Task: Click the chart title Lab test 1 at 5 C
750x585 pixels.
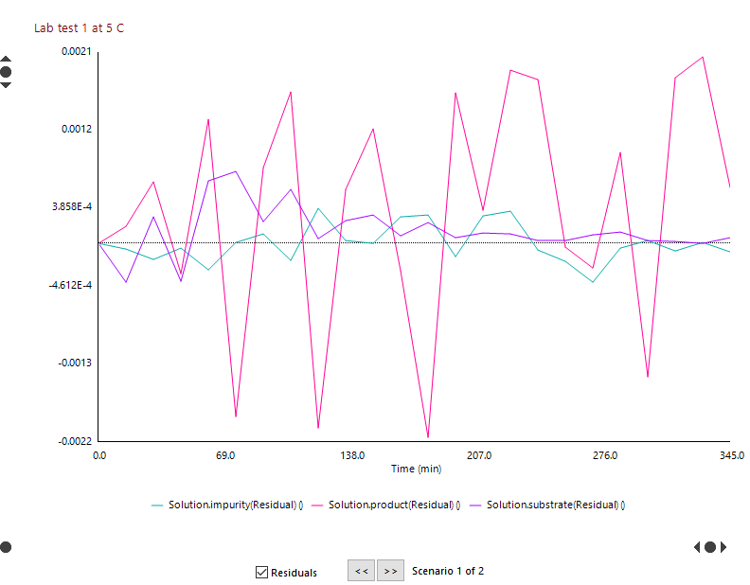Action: point(79,28)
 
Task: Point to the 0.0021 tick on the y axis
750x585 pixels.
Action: point(77,51)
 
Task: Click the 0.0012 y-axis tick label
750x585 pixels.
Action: point(77,129)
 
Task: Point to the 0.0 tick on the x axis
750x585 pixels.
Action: point(99,455)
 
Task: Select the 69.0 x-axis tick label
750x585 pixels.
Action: point(225,455)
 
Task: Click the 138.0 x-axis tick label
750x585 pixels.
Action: point(352,455)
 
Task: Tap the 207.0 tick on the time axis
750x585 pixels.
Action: point(478,455)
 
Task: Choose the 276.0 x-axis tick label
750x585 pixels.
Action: point(604,455)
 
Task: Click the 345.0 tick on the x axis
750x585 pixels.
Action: point(730,455)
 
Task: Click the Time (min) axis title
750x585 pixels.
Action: point(417,469)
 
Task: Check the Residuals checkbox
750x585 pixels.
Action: point(262,572)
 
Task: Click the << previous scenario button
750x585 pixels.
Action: point(361,571)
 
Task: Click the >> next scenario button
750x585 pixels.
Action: point(390,571)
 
